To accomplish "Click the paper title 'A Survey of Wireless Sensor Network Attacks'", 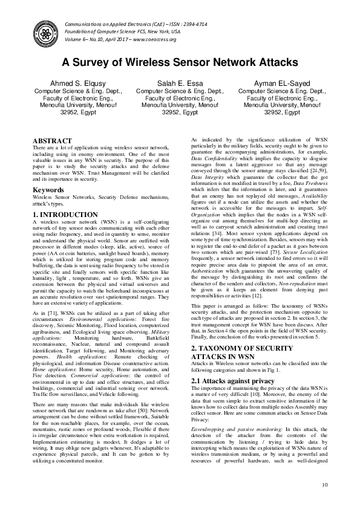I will [x=180, y=62].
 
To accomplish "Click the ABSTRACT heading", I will [x=51, y=140].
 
